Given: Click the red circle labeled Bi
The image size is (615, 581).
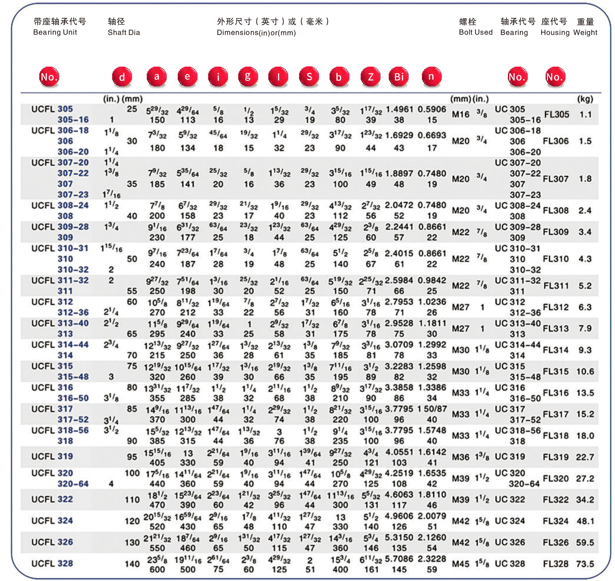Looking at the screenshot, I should pyautogui.click(x=399, y=77).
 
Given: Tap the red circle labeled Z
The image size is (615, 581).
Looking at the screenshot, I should pyautogui.click(x=371, y=77).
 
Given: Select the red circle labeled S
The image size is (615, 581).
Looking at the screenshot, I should pyautogui.click(x=309, y=77).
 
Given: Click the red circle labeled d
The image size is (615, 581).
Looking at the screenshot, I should pyautogui.click(x=122, y=77).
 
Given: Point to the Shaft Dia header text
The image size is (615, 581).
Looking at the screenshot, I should pyautogui.click(x=124, y=33).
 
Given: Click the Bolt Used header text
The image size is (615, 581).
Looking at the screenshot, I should pyautogui.click(x=475, y=32).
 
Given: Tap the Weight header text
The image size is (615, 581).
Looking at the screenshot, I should pyautogui.click(x=585, y=33).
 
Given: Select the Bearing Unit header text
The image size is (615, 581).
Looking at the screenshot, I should pyautogui.click(x=55, y=32).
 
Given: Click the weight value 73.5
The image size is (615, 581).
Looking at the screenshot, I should pyautogui.click(x=585, y=564).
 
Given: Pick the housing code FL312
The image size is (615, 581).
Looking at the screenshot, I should pyautogui.click(x=555, y=307).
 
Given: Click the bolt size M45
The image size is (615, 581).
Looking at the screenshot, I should pyautogui.click(x=460, y=564).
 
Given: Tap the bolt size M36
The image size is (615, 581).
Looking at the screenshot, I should pyautogui.click(x=460, y=457).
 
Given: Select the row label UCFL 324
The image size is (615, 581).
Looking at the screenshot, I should pyautogui.click(x=52, y=521).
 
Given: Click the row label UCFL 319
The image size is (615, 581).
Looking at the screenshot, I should pyautogui.click(x=52, y=457).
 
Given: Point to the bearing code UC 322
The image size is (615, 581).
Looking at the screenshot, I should pyautogui.click(x=510, y=500).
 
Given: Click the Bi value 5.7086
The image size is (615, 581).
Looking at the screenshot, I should pyautogui.click(x=399, y=559).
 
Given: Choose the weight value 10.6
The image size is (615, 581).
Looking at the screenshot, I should pyautogui.click(x=585, y=371).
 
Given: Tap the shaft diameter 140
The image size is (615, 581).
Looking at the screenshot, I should pyautogui.click(x=132, y=564).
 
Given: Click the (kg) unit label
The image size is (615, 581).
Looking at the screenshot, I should pyautogui.click(x=585, y=99).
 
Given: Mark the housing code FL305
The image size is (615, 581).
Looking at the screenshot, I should pyautogui.click(x=557, y=114).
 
